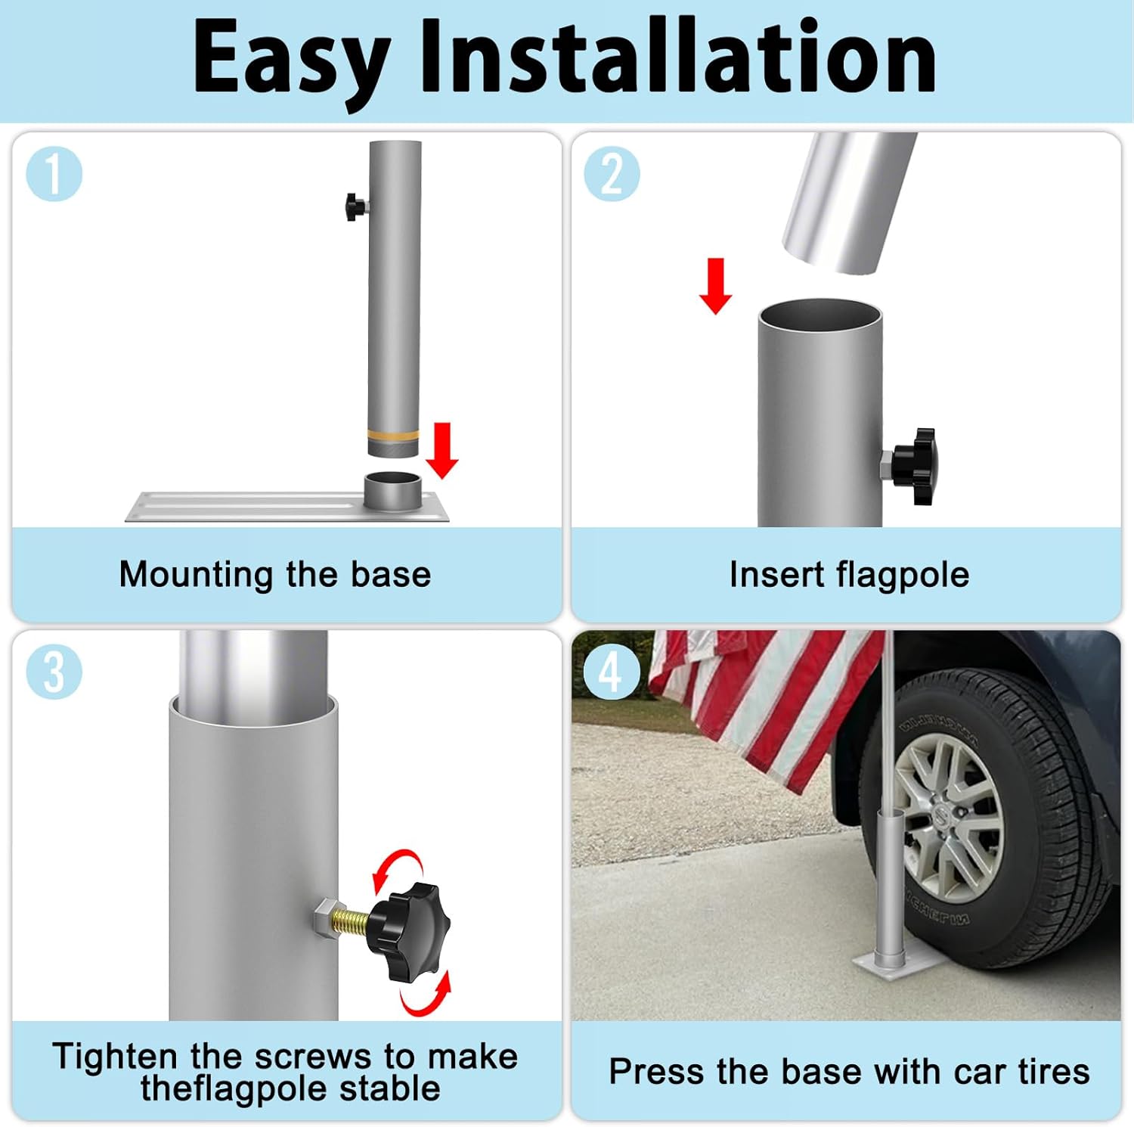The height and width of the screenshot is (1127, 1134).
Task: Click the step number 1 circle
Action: coord(54,174)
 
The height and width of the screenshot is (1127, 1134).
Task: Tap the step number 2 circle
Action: coord(612,174)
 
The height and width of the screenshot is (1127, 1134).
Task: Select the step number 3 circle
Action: coord(54,672)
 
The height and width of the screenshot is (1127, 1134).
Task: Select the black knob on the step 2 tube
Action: coord(915,465)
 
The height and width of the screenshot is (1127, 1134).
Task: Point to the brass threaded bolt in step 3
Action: coord(351,921)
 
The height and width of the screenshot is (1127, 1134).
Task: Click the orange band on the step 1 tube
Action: coord(393,436)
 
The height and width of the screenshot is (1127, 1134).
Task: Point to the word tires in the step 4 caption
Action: coord(1054,1071)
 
